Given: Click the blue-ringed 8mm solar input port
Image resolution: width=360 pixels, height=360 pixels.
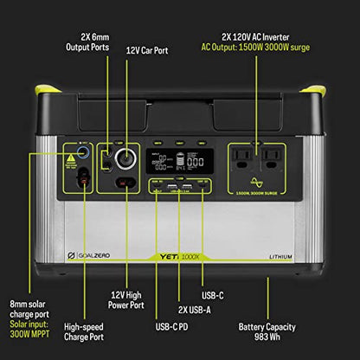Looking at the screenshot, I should coord(83,151).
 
